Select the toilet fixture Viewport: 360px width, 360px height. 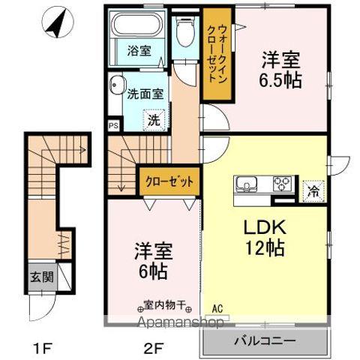pyautogui.click(x=184, y=34)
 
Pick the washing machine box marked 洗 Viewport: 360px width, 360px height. pyautogui.click(x=152, y=118)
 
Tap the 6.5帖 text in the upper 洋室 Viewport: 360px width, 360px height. pyautogui.click(x=281, y=79)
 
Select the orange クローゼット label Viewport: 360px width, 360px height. pyautogui.click(x=169, y=181)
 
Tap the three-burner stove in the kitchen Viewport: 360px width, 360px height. pyautogui.click(x=282, y=183)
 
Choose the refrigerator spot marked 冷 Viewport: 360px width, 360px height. pyautogui.click(x=311, y=190)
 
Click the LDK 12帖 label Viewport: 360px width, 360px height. pyautogui.click(x=263, y=238)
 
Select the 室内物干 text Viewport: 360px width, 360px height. pyautogui.click(x=168, y=306)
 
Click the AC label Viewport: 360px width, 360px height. pyautogui.click(x=217, y=307)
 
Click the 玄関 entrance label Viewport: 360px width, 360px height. pyautogui.click(x=41, y=276)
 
